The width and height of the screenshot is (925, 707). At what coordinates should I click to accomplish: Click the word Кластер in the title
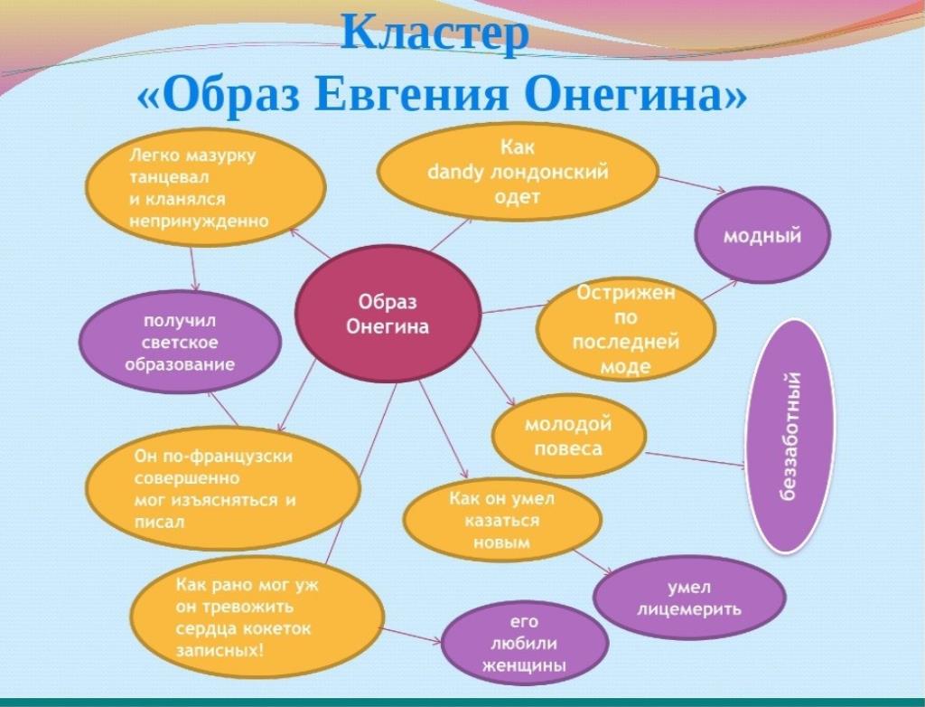[435, 33]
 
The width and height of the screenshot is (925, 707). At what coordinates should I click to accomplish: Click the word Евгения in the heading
[411, 95]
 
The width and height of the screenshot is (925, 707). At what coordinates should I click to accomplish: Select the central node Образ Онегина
[388, 314]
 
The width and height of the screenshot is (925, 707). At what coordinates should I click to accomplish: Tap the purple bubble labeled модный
[762, 235]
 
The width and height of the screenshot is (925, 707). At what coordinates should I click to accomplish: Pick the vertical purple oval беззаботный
[791, 437]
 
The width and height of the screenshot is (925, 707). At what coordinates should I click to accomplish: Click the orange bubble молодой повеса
[569, 436]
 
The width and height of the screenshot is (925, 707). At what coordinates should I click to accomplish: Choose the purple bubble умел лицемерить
[689, 598]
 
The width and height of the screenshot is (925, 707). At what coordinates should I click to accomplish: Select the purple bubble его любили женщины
[525, 643]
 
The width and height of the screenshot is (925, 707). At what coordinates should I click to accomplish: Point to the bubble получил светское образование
[180, 343]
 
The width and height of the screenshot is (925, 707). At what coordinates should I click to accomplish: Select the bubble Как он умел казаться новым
[502, 520]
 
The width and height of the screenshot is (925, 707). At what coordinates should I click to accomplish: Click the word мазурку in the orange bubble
[220, 156]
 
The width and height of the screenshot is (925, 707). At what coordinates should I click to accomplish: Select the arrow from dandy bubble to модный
[692, 184]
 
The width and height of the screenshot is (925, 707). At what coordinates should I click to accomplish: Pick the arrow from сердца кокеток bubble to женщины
[412, 635]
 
